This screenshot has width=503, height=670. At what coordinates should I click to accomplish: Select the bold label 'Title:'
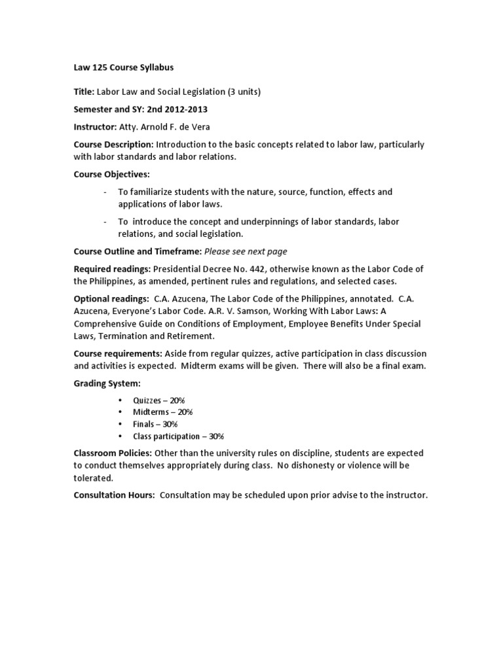tap(84, 92)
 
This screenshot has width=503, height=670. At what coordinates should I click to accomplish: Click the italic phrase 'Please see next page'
tap(246, 251)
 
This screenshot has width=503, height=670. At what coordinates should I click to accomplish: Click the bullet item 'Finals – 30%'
tap(155, 424)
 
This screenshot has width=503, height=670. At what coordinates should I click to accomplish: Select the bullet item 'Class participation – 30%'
tap(178, 436)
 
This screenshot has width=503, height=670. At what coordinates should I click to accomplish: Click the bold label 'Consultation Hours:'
tap(114, 495)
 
